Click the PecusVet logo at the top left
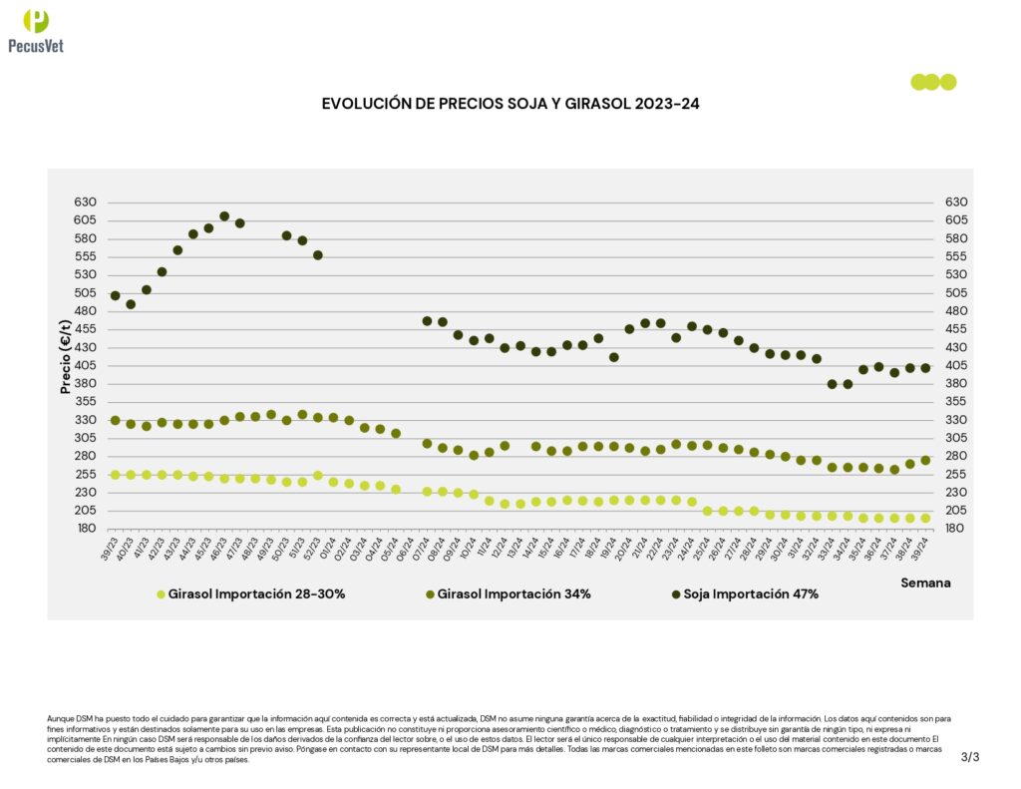pos(36,30)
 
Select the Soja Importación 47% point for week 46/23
pos(224,216)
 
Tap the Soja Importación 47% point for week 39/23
pos(115,295)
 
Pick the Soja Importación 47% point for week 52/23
pos(318,255)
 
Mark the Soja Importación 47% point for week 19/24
pos(614,357)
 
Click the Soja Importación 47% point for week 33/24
pos(833,384)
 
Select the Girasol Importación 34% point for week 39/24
pos(925,460)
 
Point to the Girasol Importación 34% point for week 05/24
pos(396,433)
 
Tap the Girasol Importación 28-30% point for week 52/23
pos(318,475)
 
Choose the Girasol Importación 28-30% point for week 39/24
pos(925,518)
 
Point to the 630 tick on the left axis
pos(85,202)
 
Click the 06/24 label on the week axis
pos(406,548)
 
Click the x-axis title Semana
pos(925,582)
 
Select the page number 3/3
pos(970,757)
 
